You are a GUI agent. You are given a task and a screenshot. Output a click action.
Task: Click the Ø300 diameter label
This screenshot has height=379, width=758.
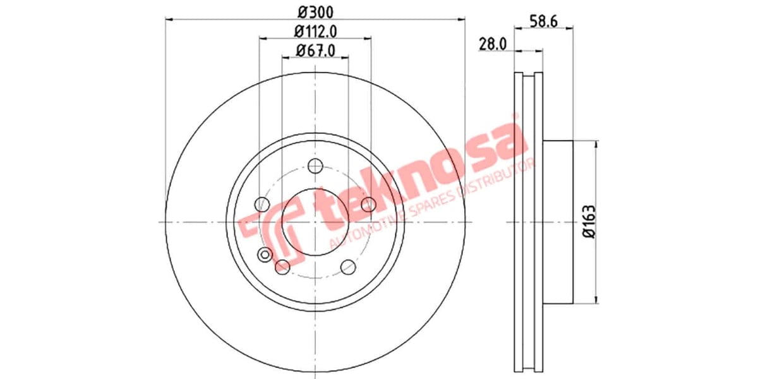tap(315, 11)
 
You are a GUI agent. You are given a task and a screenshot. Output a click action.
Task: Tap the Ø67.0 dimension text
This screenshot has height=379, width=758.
tap(315, 49)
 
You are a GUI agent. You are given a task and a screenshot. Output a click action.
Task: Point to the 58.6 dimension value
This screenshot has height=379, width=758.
tap(544, 19)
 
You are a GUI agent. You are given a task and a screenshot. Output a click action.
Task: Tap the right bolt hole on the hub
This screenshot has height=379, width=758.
tap(369, 204)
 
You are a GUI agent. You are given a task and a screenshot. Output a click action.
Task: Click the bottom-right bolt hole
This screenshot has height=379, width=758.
tap(348, 267)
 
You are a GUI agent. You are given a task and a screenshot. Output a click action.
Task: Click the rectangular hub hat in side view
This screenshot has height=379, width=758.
tap(558, 222)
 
